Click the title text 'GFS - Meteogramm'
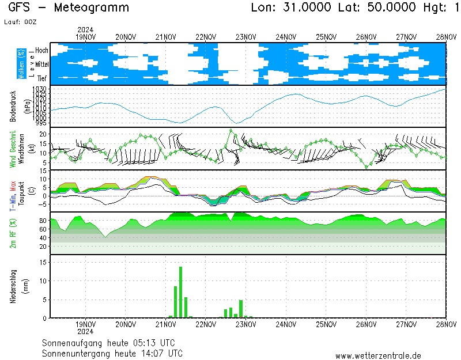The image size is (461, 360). pos(69,8)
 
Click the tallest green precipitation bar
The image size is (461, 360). pos(180,292)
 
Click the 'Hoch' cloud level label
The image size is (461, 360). pos(41,51)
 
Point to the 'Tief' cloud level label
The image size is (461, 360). pos(43,77)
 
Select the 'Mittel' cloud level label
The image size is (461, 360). pos(41,66)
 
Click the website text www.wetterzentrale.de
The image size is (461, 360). pos(378,356)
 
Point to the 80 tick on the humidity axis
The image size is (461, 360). pos(43,221)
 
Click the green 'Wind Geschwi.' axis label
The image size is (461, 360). pos(13,148)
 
